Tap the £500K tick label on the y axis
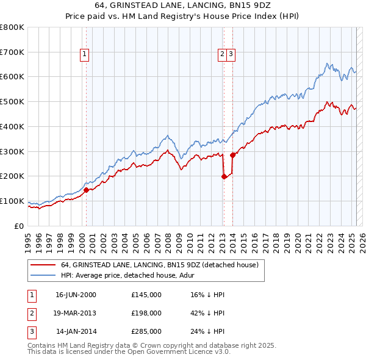(12, 101)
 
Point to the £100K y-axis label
(12, 201)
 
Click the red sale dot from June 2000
(86, 190)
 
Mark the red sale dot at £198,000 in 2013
(224, 176)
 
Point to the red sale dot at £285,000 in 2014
(232, 155)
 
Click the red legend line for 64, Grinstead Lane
(43, 265)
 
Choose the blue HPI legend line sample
(43, 275)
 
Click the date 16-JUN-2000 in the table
(76, 295)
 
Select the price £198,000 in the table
(146, 314)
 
